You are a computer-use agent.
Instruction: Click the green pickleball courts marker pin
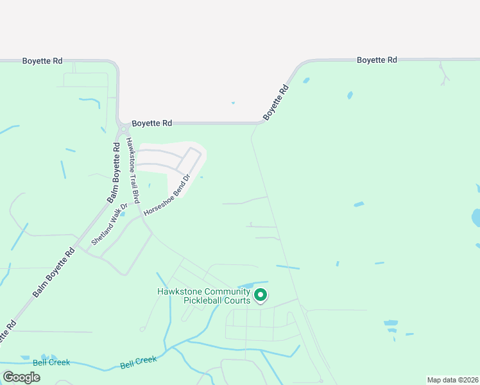coord(261,295)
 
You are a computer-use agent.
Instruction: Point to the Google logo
coord(21,377)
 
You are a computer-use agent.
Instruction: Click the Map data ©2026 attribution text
coord(452,379)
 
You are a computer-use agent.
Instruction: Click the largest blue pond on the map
coord(476,218)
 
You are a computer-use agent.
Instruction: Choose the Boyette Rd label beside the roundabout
coord(152,123)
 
